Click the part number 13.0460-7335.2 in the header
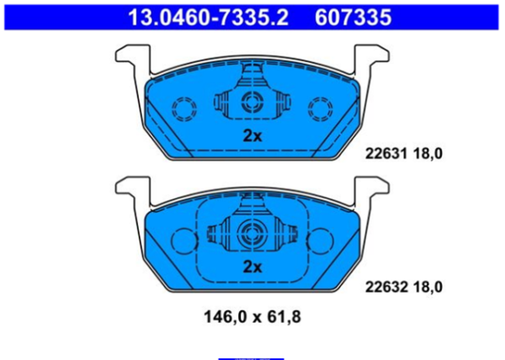click(209, 18)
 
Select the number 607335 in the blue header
click(353, 18)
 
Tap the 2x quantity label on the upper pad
click(252, 136)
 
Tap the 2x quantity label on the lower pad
click(252, 267)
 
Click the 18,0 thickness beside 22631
click(428, 154)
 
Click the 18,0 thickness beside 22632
click(428, 288)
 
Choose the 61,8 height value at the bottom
click(284, 317)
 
